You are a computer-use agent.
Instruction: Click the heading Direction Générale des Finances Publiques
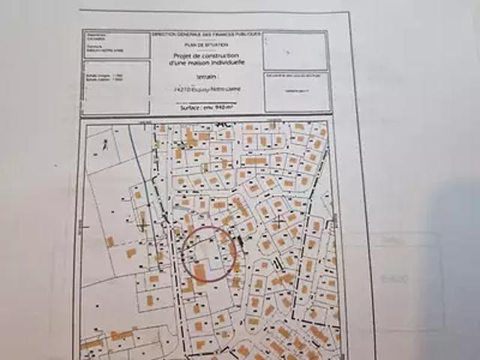pyautogui.click(x=206, y=34)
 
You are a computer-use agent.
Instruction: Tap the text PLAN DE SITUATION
pyautogui.click(x=205, y=46)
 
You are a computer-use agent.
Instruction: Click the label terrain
pyautogui.click(x=206, y=77)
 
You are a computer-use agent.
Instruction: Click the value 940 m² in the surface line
pyautogui.click(x=223, y=108)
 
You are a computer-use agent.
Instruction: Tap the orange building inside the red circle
pyautogui.click(x=199, y=269)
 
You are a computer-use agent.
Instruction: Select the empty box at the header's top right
pyautogui.click(x=295, y=51)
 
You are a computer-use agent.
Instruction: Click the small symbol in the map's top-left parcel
pyautogui.click(x=106, y=145)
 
